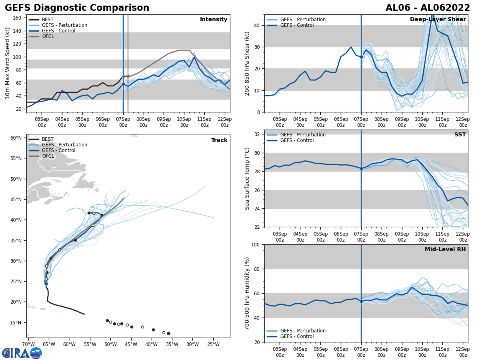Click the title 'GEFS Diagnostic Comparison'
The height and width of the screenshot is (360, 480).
tap(77, 8)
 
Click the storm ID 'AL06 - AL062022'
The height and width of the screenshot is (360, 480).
tap(428, 8)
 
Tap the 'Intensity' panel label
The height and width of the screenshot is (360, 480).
tap(214, 20)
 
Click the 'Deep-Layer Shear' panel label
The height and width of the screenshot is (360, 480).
tap(438, 20)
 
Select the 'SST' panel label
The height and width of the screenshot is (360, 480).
tap(460, 135)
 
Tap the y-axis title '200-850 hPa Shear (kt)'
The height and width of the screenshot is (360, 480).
tap(248, 63)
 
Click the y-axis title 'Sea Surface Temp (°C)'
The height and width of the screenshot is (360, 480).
tap(248, 178)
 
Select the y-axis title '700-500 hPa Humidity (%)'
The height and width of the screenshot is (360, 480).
tap(248, 293)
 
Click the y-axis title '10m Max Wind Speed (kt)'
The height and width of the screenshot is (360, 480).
tap(8, 63)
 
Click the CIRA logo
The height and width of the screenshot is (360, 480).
tap(22, 353)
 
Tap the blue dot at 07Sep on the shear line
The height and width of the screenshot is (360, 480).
tap(361, 57)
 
